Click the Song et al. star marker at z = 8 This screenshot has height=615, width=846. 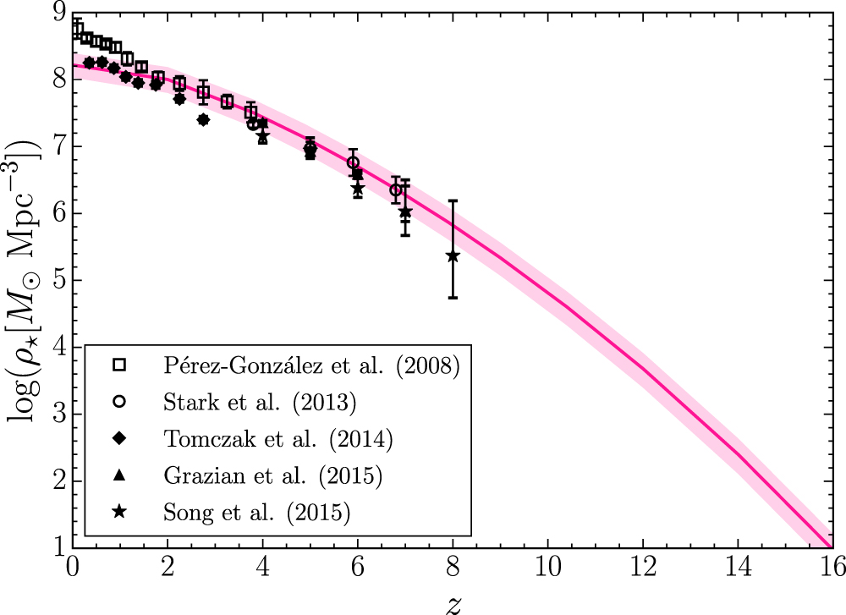coord(453,255)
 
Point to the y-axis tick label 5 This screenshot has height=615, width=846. coord(59,281)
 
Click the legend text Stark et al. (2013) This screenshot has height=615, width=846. coord(260,402)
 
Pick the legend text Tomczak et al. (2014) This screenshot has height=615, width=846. coord(278,438)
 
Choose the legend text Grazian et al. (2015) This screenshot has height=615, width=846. coord(273,475)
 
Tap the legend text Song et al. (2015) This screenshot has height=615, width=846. coord(257,512)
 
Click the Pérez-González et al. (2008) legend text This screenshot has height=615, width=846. coord(312,365)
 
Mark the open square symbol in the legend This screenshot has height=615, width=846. coord(119,365)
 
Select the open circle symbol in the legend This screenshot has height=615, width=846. coord(119,402)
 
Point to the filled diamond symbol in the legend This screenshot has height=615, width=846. coord(119,438)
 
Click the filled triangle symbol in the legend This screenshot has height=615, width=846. coord(119,475)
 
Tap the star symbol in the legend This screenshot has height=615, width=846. coord(119,512)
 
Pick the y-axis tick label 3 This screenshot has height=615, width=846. coord(59,415)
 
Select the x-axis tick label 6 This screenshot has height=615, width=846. coord(358,567)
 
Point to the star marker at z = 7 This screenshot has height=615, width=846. coord(405,212)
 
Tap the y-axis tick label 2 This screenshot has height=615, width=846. coord(59,481)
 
